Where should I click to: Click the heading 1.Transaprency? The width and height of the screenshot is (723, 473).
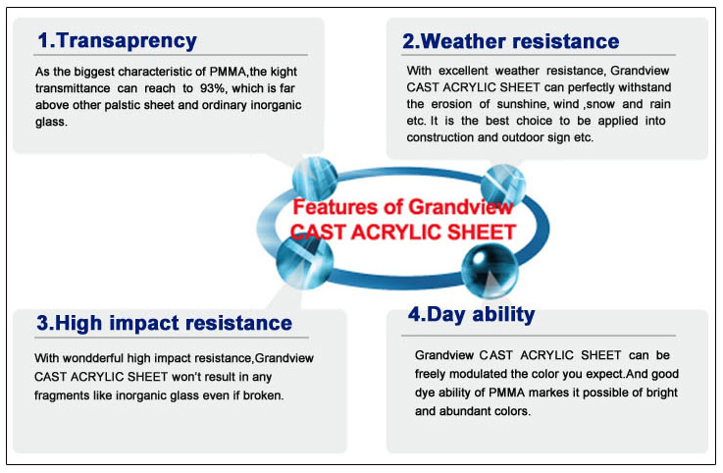point(117,41)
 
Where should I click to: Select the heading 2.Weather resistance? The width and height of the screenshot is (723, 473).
point(510,41)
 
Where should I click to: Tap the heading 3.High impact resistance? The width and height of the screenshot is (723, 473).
point(164,323)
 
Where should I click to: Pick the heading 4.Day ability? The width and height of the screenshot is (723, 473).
point(471,315)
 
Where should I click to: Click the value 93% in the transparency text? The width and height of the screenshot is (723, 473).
point(213,88)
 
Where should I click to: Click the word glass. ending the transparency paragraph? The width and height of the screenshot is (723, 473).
point(51,123)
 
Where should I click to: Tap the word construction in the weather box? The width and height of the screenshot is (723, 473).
point(439,137)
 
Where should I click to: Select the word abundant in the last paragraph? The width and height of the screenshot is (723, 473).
point(462,411)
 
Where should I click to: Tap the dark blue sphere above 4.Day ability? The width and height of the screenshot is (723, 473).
point(490,271)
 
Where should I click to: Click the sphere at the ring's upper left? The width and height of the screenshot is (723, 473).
point(315,179)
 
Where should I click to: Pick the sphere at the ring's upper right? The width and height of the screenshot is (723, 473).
point(503,185)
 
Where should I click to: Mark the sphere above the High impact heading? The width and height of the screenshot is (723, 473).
point(304,261)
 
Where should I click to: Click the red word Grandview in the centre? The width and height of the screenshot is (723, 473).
point(461,207)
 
